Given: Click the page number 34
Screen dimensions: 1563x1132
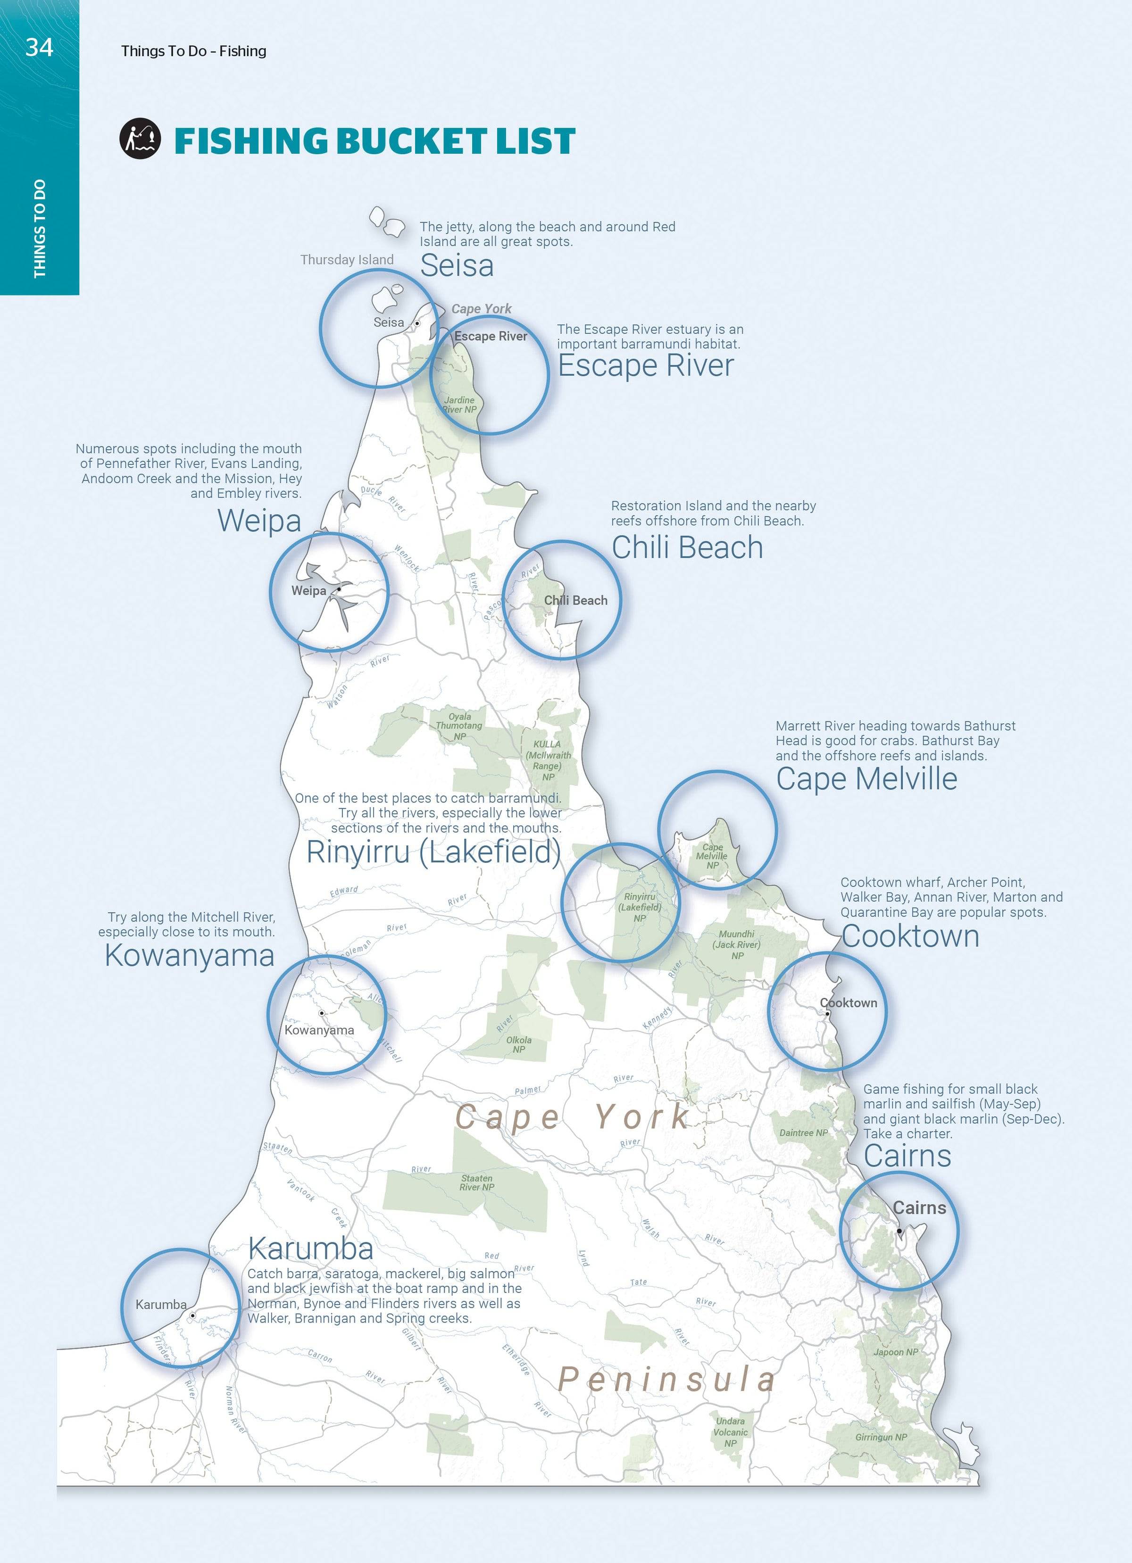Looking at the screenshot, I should (x=39, y=47).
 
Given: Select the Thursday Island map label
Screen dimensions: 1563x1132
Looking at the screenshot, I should (x=347, y=260).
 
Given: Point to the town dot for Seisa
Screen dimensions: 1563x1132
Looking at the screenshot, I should (x=417, y=323).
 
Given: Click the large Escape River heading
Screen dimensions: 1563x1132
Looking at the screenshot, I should (x=645, y=365).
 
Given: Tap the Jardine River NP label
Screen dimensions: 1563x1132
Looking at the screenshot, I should (x=459, y=405).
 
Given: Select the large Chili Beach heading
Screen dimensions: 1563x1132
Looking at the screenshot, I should (x=687, y=547).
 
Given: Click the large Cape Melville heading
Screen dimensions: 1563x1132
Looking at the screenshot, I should (x=866, y=779).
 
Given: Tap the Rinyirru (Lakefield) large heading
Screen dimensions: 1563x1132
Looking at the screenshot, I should (x=433, y=852).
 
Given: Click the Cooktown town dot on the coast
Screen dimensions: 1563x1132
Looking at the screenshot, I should (x=827, y=1014).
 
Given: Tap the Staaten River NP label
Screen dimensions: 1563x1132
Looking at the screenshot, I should (x=476, y=1183).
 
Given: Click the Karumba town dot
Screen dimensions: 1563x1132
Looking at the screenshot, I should (x=193, y=1315).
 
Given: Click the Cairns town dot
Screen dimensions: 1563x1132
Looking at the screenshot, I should (x=899, y=1231).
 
